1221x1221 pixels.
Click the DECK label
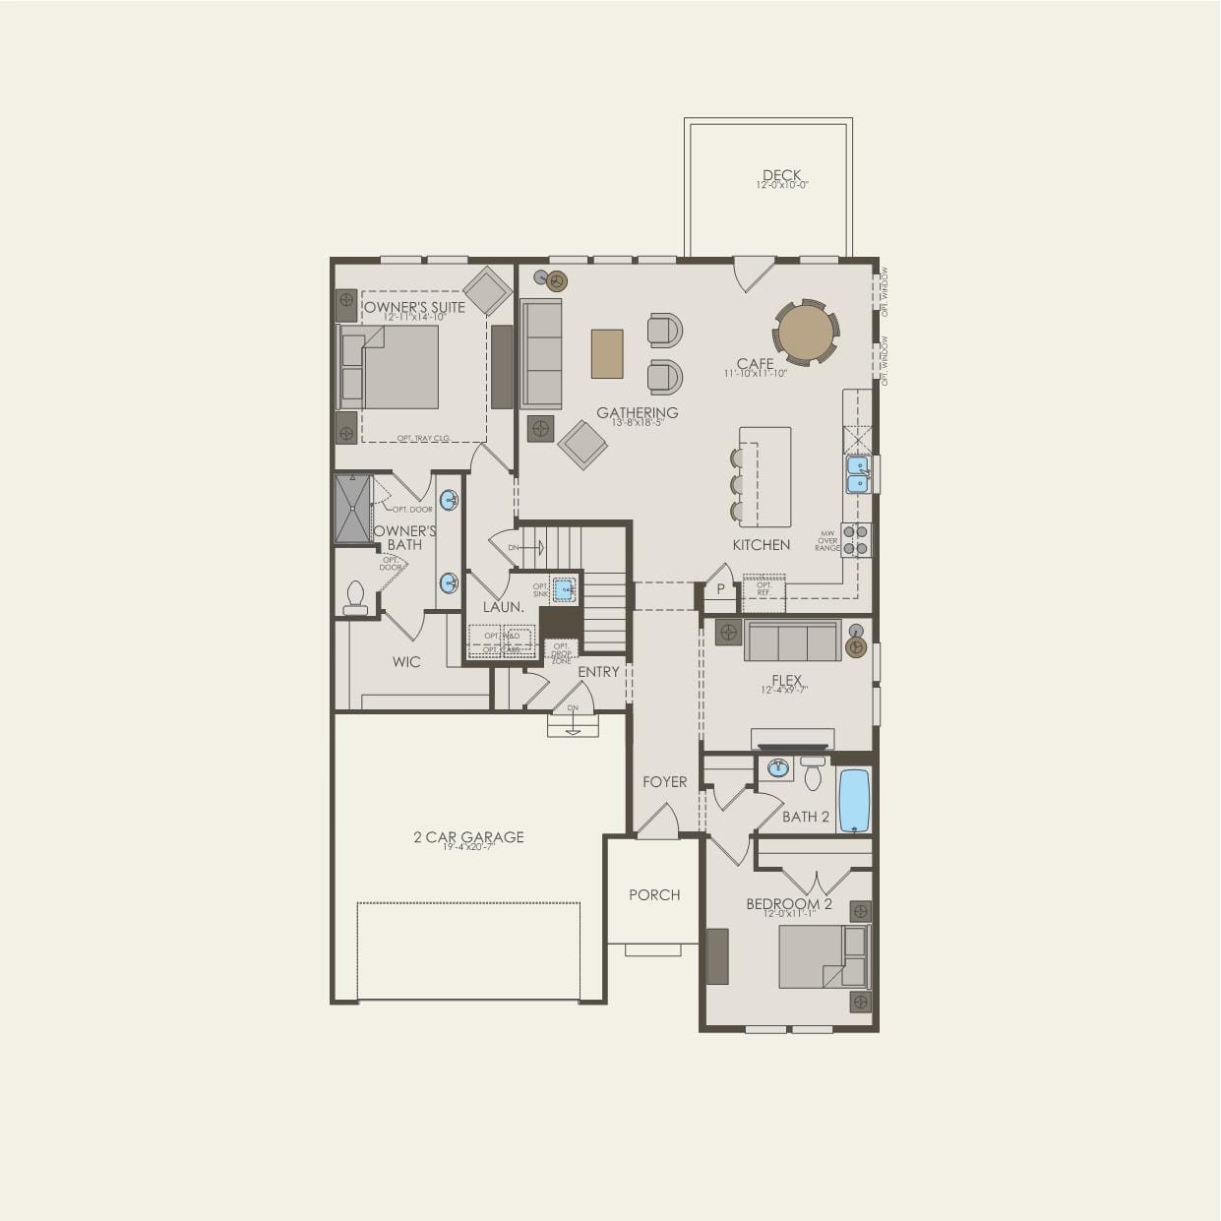781,176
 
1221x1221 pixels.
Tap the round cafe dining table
806,333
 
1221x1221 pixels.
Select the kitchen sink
858,473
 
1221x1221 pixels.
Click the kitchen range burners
856,540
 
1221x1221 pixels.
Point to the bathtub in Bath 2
854,800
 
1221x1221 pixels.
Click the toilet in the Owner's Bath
355,597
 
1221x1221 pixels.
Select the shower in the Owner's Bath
352,508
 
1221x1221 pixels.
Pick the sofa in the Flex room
792,641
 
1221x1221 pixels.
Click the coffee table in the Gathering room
607,353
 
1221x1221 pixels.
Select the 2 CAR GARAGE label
468,837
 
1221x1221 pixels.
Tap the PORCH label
654,894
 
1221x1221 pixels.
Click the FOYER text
664,781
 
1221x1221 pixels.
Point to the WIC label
406,661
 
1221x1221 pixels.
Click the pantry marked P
720,589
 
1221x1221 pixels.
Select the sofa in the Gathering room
540,353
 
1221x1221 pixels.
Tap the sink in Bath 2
779,768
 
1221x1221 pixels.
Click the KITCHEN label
761,544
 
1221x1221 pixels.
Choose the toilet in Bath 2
813,774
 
